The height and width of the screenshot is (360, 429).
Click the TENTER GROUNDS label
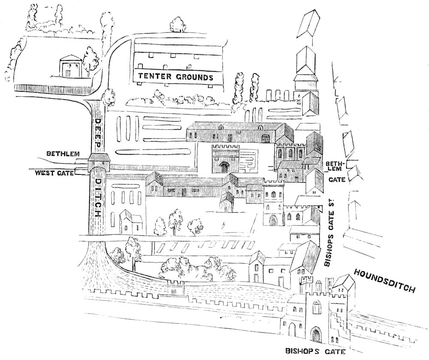[x=175, y=78]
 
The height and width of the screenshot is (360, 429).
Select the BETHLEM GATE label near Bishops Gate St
[x=336, y=171]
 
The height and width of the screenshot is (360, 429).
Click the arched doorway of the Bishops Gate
[x=316, y=335]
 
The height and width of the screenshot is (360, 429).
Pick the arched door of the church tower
[x=273, y=220]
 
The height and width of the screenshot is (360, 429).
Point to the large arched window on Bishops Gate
[x=317, y=308]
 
